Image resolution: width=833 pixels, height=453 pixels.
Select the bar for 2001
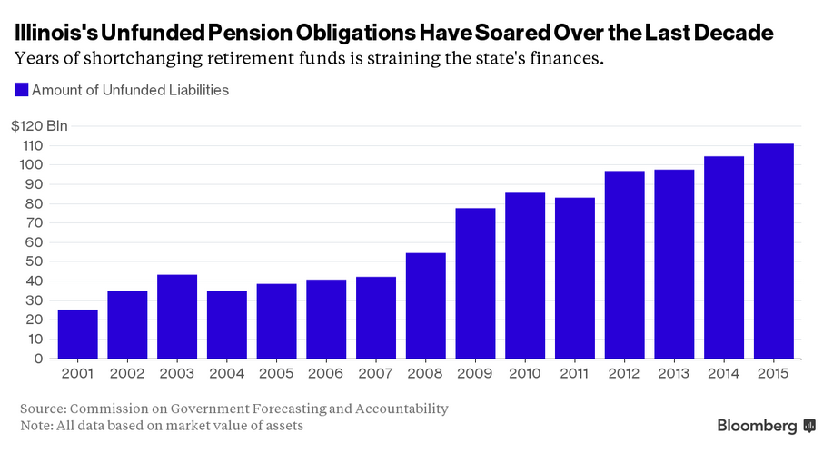coord(77,334)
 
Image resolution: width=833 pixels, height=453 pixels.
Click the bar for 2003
coord(176,317)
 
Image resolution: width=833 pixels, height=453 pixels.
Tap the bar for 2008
coord(425,306)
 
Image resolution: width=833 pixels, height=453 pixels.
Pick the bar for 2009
coord(475,283)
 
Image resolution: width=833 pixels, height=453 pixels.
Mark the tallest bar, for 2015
coord(774,251)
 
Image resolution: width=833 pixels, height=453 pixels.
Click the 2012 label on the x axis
coord(625,373)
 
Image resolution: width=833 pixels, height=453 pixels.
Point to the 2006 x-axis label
coord(326,373)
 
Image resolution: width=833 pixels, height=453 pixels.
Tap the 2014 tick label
coord(724,373)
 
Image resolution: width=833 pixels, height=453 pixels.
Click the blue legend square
coord(20,90)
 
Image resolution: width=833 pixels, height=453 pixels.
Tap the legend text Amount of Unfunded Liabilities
coord(130,90)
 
